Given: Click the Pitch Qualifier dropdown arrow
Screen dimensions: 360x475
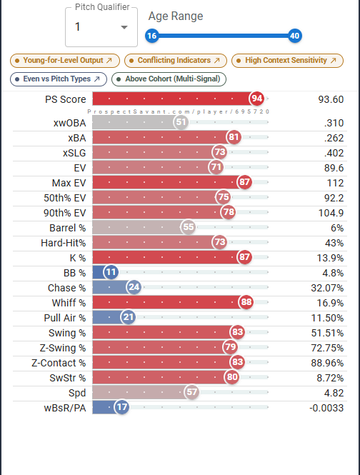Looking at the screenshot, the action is click(x=124, y=27).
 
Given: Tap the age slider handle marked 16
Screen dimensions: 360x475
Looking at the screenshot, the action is click(x=152, y=36).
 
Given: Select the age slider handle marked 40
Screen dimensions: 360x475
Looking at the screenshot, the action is click(x=294, y=36).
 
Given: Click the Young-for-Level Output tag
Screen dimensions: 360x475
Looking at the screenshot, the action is click(x=65, y=61).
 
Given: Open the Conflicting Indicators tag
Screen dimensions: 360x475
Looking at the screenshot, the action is click(x=176, y=61).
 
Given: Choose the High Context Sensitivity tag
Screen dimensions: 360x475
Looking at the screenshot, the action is click(x=287, y=61).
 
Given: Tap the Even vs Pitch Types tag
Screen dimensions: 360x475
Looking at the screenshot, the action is click(x=59, y=79).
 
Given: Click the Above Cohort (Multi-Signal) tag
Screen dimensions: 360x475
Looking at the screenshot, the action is click(x=169, y=79).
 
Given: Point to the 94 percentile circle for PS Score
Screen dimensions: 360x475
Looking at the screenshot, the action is click(x=256, y=99).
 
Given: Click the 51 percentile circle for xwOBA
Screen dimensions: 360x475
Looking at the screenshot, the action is click(x=181, y=122).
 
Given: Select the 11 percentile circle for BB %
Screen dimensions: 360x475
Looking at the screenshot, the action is click(x=111, y=272).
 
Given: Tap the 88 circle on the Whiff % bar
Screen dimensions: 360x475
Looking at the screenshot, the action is click(x=246, y=302).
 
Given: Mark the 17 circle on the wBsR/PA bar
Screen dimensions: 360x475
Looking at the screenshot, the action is click(x=122, y=407).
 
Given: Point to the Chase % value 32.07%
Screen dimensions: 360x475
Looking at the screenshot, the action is click(x=327, y=288).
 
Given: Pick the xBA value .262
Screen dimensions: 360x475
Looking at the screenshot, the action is click(x=334, y=138).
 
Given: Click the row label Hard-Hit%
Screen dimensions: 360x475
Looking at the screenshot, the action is click(x=64, y=243).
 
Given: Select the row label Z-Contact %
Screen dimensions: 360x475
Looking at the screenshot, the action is click(x=59, y=363).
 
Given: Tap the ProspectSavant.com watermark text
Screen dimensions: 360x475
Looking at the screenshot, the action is click(x=178, y=111).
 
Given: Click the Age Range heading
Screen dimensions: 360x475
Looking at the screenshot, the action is click(x=176, y=16).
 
